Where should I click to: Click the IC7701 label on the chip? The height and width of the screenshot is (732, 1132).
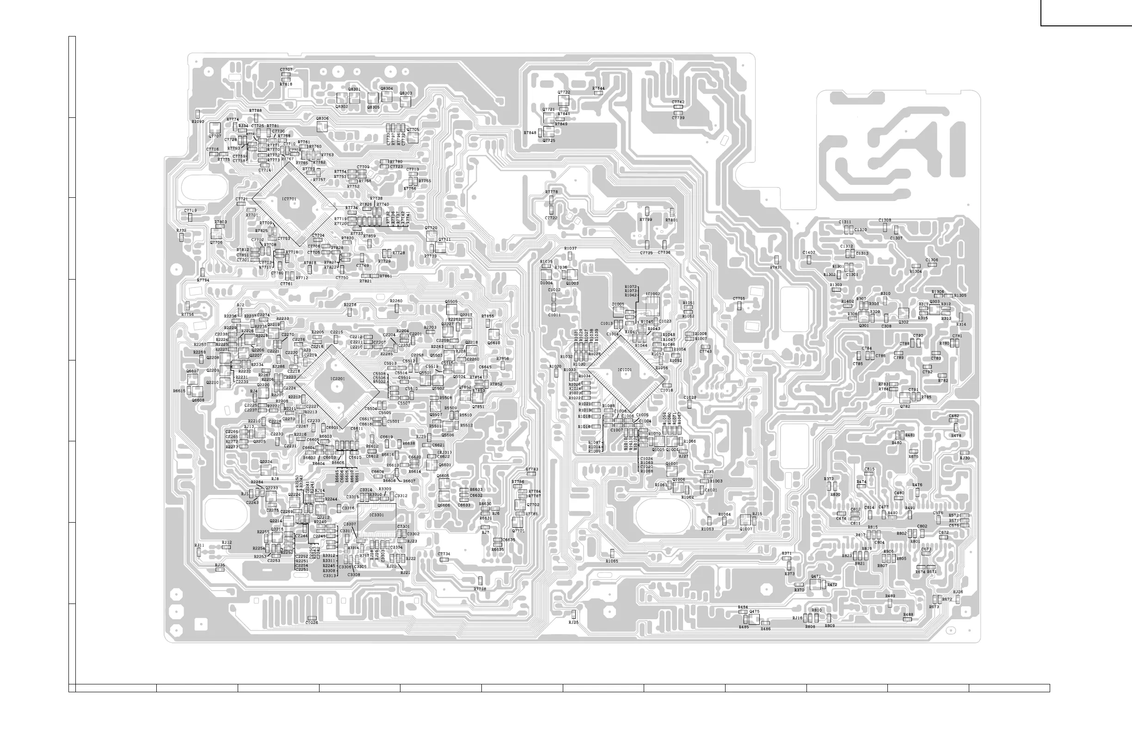pos(289,199)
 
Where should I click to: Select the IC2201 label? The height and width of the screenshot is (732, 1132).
pos(337,379)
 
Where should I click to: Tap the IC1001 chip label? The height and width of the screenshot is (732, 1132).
pos(625,370)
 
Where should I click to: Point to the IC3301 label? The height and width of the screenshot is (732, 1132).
pos(376,515)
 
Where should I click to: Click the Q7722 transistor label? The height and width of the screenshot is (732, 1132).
pos(564,92)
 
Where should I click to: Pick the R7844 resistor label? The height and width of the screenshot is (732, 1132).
pos(598,88)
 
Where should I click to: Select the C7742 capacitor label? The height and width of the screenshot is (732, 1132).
pos(678,102)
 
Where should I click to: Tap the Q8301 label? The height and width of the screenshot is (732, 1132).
pos(354,89)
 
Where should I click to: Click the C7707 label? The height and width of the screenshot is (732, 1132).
pos(286,69)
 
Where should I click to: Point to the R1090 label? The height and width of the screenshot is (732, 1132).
pos(198,122)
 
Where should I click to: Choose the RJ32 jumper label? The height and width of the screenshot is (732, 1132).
pos(181,230)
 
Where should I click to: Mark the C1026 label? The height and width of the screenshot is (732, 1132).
pos(312,622)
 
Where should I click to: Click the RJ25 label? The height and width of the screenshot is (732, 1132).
pos(573,622)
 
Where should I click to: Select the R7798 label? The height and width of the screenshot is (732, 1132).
pos(480,589)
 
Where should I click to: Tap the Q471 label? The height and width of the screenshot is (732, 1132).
pos(816,576)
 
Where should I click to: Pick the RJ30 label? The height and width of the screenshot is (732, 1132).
pos(965,458)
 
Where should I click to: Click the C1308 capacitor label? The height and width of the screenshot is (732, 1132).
pos(885,220)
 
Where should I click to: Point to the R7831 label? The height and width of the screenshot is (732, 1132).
pos(776,268)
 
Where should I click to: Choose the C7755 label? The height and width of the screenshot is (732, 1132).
pos(738,299)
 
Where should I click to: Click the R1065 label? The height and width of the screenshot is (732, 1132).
pos(612,561)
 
